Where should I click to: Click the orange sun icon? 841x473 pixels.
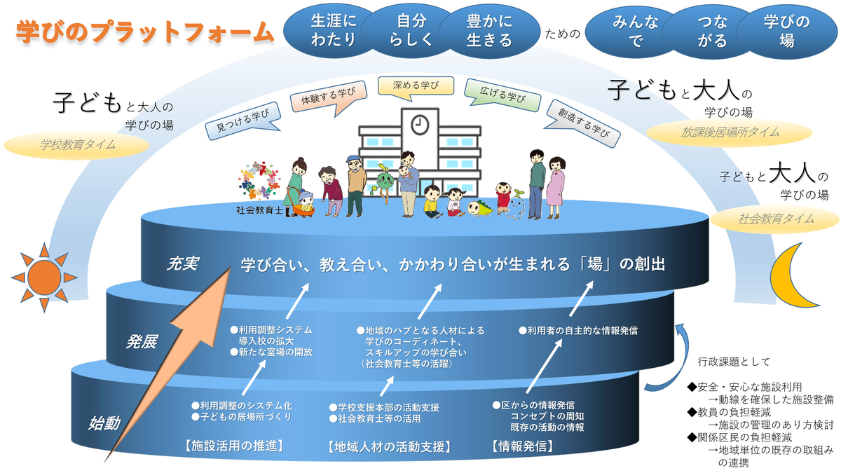click(44, 277)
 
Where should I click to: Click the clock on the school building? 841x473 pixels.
click(420, 124)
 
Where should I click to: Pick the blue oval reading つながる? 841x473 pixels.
click(712, 32)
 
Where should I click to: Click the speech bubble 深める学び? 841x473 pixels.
click(416, 88)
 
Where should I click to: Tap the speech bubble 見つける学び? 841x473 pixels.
click(243, 121)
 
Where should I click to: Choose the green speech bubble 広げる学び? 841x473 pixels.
click(502, 95)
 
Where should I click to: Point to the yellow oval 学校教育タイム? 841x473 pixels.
click(76, 145)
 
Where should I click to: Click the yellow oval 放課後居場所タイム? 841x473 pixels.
click(730, 132)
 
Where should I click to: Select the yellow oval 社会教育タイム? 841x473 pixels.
click(775, 219)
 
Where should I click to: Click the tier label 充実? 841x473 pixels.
click(183, 263)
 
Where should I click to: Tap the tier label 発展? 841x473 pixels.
click(142, 342)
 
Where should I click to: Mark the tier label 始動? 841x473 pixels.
click(104, 423)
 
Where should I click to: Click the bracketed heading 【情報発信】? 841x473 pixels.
click(523, 446)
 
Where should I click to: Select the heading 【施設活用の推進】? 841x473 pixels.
click(234, 446)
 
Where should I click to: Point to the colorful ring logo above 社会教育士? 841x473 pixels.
click(259, 181)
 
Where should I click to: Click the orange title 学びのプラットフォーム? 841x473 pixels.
click(145, 32)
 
